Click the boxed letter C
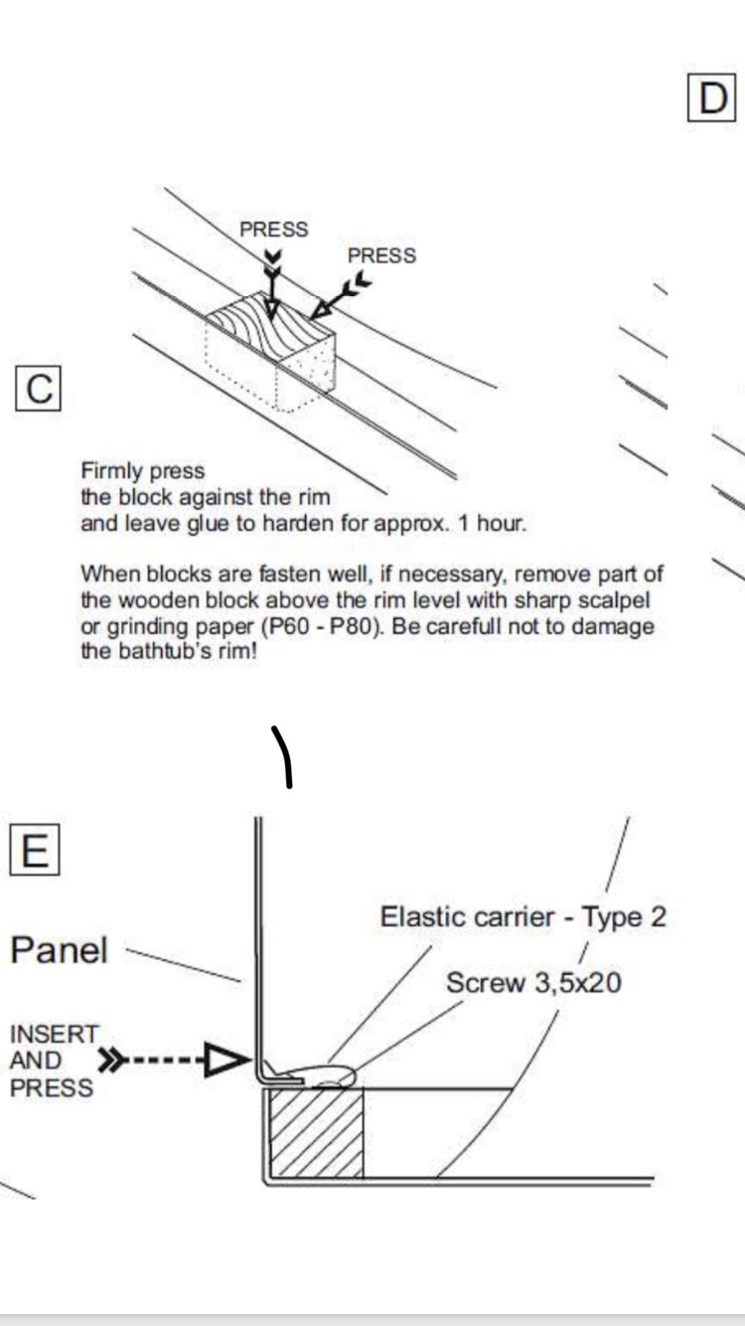click(39, 389)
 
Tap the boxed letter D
click(712, 97)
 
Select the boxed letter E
click(35, 850)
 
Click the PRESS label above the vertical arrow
click(274, 229)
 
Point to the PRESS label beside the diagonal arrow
click(381, 255)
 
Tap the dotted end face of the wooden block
click(305, 373)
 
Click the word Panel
click(60, 950)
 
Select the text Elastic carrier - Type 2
click(523, 916)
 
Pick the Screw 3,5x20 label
click(533, 982)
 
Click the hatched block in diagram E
click(316, 1132)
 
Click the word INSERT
click(54, 1034)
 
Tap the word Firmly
click(112, 471)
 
